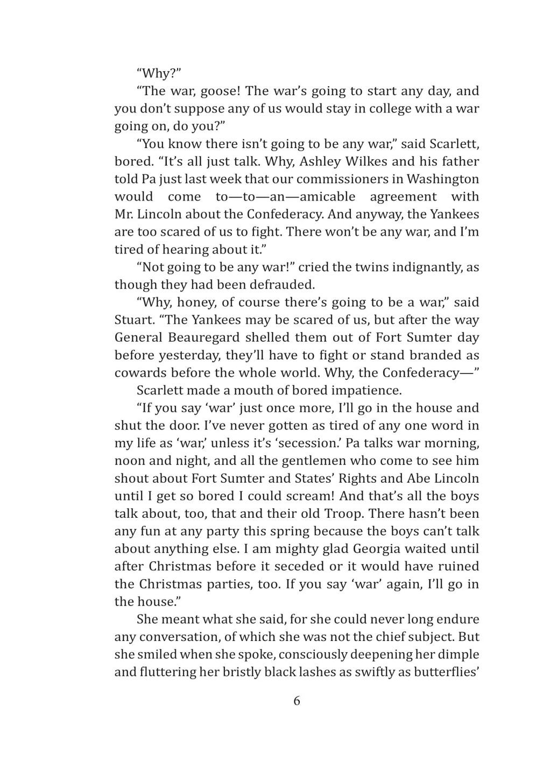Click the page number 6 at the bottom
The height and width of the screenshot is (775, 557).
click(297, 701)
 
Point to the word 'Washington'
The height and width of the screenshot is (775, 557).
click(442, 179)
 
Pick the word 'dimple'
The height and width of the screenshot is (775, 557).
click(459, 655)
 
